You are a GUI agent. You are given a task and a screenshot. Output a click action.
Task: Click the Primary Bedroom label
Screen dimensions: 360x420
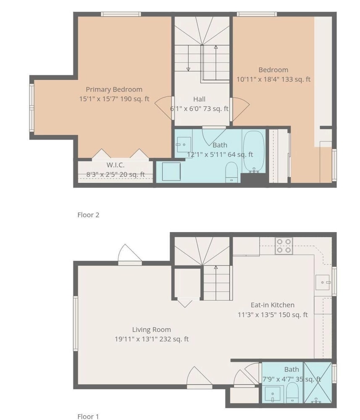coord(114,89)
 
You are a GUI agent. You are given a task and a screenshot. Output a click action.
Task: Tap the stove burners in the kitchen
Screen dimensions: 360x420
coord(284,246)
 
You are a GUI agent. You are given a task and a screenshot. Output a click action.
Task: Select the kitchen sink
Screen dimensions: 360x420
coord(323,282)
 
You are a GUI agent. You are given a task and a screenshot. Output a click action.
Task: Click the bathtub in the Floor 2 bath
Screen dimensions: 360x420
coord(253,151)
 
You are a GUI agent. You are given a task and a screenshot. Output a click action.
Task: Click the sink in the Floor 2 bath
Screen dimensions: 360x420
coord(184,144)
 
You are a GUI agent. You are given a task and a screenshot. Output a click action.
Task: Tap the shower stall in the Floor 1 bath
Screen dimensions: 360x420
coord(318,383)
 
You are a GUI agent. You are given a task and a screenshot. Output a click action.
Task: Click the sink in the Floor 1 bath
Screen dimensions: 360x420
coord(273,394)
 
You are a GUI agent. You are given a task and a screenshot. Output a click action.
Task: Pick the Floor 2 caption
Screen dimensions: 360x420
coord(88,215)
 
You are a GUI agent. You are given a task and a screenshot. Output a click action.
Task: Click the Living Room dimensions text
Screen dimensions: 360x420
coord(152,339)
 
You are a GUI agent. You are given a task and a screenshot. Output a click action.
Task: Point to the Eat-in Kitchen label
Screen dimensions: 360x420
coord(272,305)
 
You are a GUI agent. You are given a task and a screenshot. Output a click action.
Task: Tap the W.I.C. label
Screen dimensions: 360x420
coord(116,165)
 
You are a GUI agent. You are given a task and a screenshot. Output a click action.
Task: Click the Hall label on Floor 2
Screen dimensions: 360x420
coord(199,99)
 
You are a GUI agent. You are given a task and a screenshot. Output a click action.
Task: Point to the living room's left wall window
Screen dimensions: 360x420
coord(76,323)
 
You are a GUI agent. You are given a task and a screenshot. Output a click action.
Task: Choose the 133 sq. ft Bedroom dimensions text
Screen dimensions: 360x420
coord(273,79)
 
